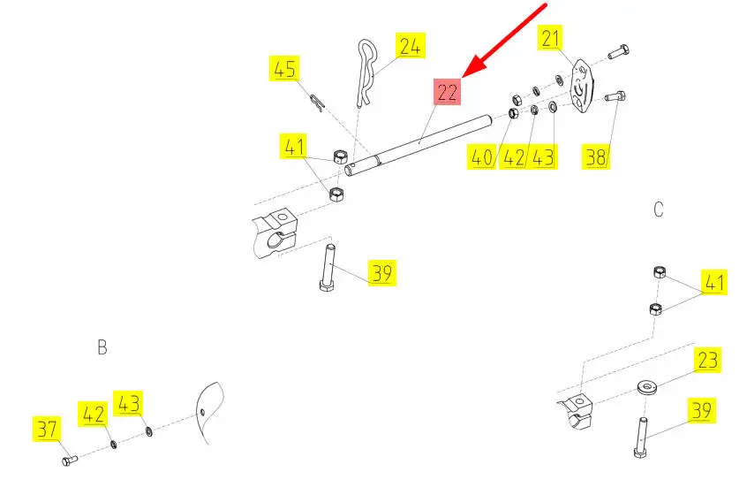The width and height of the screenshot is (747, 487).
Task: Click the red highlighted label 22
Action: [x=447, y=91]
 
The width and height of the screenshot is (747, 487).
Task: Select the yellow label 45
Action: [x=284, y=69]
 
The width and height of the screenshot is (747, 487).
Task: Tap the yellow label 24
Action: [x=410, y=46]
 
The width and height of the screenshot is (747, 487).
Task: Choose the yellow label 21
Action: [x=551, y=39]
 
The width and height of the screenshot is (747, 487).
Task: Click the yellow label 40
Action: [x=480, y=158]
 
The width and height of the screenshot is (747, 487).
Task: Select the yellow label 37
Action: [x=47, y=430]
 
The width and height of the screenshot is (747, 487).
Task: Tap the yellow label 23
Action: [x=707, y=361]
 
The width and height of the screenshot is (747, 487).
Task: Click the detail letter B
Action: [x=102, y=347]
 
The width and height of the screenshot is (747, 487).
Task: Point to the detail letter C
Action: [x=658, y=209]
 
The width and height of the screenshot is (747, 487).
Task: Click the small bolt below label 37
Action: [x=70, y=460]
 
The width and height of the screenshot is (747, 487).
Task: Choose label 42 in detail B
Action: [x=94, y=414]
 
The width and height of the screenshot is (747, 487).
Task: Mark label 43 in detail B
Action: [x=129, y=403]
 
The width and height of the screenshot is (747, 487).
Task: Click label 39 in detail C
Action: [x=703, y=411]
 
